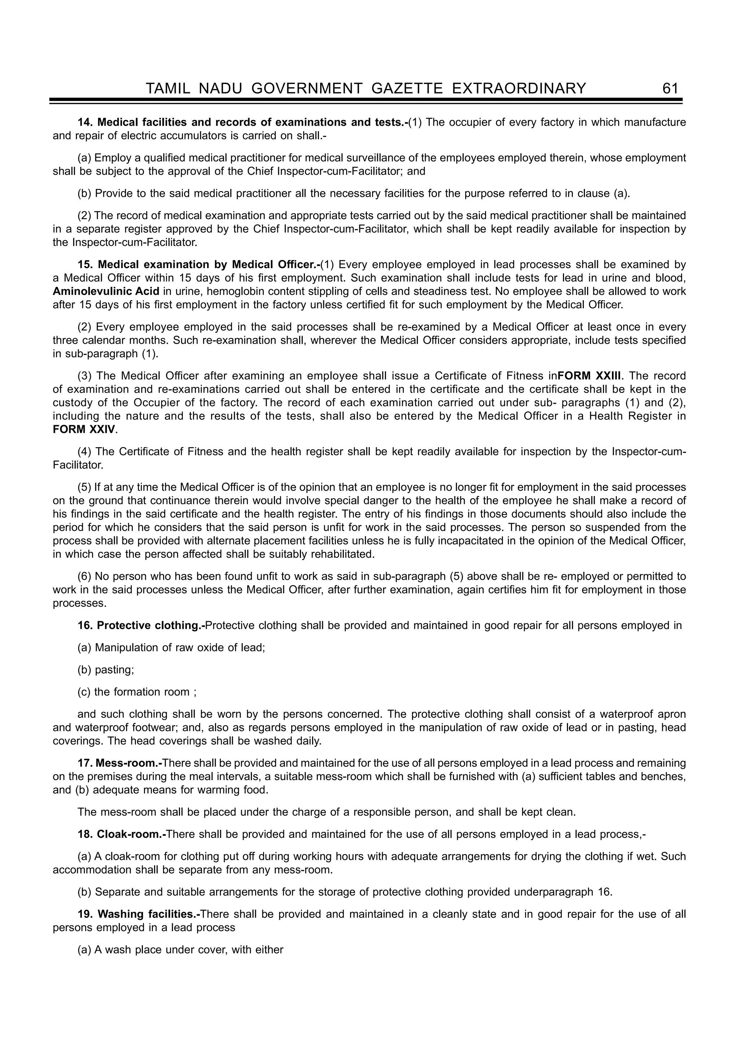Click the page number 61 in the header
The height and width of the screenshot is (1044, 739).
tap(670, 88)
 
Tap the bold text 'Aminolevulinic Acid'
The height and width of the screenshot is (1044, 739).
tap(106, 291)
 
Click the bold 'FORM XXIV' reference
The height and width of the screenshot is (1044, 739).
tap(84, 429)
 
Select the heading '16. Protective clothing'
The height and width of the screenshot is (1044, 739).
tap(141, 626)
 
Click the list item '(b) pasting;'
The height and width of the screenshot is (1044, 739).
tap(106, 670)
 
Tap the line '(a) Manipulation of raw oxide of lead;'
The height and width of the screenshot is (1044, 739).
tap(171, 647)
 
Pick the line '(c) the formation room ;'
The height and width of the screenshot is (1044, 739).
tap(137, 692)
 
